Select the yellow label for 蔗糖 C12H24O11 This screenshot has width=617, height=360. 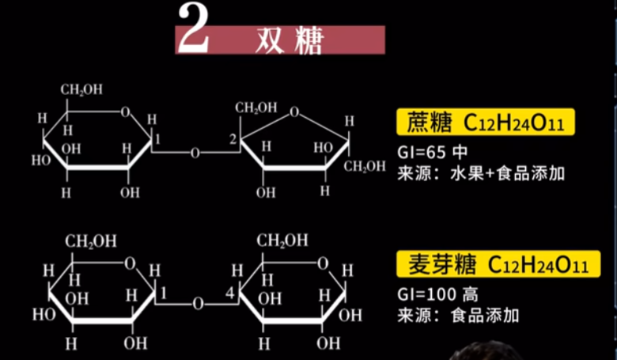pyautogui.click(x=485, y=123)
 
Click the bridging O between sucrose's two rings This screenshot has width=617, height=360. pyautogui.click(x=195, y=153)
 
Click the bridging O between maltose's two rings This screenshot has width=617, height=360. pyautogui.click(x=198, y=302)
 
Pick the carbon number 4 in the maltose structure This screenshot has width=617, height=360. pyautogui.click(x=231, y=294)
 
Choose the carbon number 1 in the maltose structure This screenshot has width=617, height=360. pyautogui.click(x=162, y=294)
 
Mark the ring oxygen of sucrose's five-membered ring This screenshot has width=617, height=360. pyautogui.click(x=294, y=112)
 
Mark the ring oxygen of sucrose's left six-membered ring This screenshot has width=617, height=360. pyautogui.click(x=125, y=111)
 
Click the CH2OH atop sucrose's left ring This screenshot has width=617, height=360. pyautogui.click(x=81, y=89)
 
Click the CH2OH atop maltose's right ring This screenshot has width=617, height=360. pyautogui.click(x=282, y=241)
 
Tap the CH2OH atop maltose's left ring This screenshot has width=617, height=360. pyautogui.click(x=91, y=241)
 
